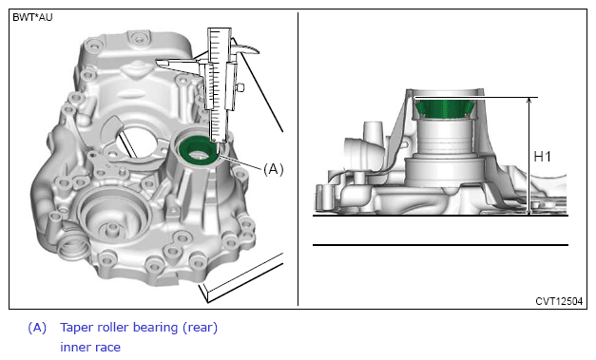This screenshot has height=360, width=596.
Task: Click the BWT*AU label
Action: coord(32,17)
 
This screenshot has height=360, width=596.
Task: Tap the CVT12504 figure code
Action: coord(559,301)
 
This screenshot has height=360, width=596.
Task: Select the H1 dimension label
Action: coord(543,157)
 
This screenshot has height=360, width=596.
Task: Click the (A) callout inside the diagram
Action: coord(274,169)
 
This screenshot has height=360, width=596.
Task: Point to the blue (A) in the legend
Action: coord(37,328)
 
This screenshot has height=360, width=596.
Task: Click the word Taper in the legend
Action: coord(77,328)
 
